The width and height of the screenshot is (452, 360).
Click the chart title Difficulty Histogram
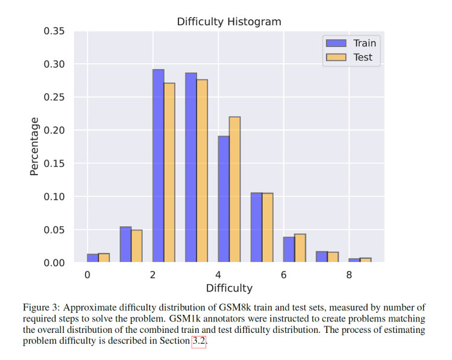[229, 22]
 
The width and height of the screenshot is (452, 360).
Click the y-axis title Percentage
[34, 146]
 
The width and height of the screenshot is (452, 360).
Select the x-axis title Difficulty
[229, 288]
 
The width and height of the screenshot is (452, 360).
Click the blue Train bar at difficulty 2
[158, 166]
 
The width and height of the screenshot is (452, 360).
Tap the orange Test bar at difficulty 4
[234, 190]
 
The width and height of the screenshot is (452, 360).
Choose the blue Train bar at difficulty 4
[224, 199]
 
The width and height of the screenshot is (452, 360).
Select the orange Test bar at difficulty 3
[202, 171]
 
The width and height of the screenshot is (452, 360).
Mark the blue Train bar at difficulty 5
[256, 228]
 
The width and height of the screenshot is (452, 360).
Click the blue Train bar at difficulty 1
[125, 244]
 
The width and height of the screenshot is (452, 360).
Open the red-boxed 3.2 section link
[198, 341]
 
